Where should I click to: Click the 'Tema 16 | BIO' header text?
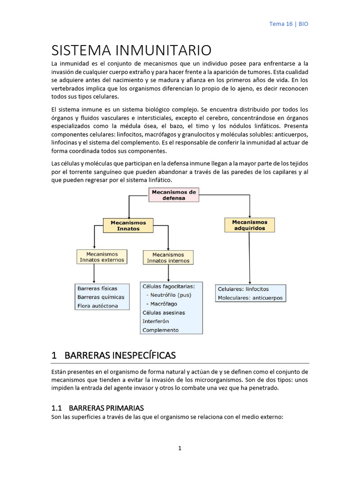click(289, 24)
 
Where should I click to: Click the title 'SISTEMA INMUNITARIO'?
click(131, 50)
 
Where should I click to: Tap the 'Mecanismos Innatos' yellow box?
click(128, 225)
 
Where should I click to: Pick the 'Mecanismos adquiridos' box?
click(249, 225)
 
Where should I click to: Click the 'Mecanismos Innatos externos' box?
click(102, 257)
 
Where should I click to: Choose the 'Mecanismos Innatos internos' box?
click(168, 258)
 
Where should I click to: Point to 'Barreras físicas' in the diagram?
click(97, 288)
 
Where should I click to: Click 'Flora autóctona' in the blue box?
click(97, 306)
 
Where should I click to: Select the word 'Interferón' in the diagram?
click(156, 321)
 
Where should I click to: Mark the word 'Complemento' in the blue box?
click(160, 330)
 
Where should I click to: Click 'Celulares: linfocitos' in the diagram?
click(243, 289)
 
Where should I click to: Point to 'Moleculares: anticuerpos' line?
click(250, 298)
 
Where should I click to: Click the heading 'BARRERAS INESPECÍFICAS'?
click(120, 355)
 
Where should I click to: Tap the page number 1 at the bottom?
click(180, 448)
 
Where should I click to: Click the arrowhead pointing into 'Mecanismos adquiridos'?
click(249, 216)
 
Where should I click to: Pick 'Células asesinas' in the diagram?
click(164, 313)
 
